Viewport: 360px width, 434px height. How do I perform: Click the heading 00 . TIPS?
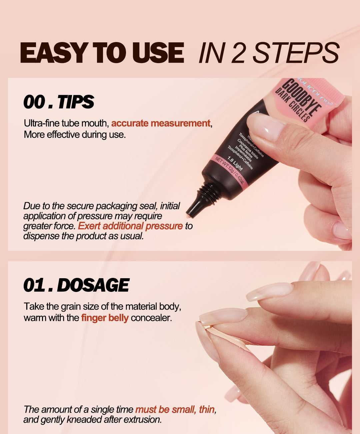click(59, 102)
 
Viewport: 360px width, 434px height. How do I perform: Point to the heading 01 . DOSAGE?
click(76, 285)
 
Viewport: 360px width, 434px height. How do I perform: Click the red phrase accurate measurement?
click(161, 123)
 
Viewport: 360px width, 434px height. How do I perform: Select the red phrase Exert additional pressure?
click(130, 226)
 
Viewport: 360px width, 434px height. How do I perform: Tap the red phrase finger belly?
click(105, 318)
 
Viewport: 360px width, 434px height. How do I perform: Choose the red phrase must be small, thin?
click(175, 410)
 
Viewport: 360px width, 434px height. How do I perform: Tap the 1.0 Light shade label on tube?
click(235, 163)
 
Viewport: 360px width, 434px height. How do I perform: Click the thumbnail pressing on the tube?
click(265, 126)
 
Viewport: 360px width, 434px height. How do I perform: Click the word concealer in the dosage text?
click(151, 318)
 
